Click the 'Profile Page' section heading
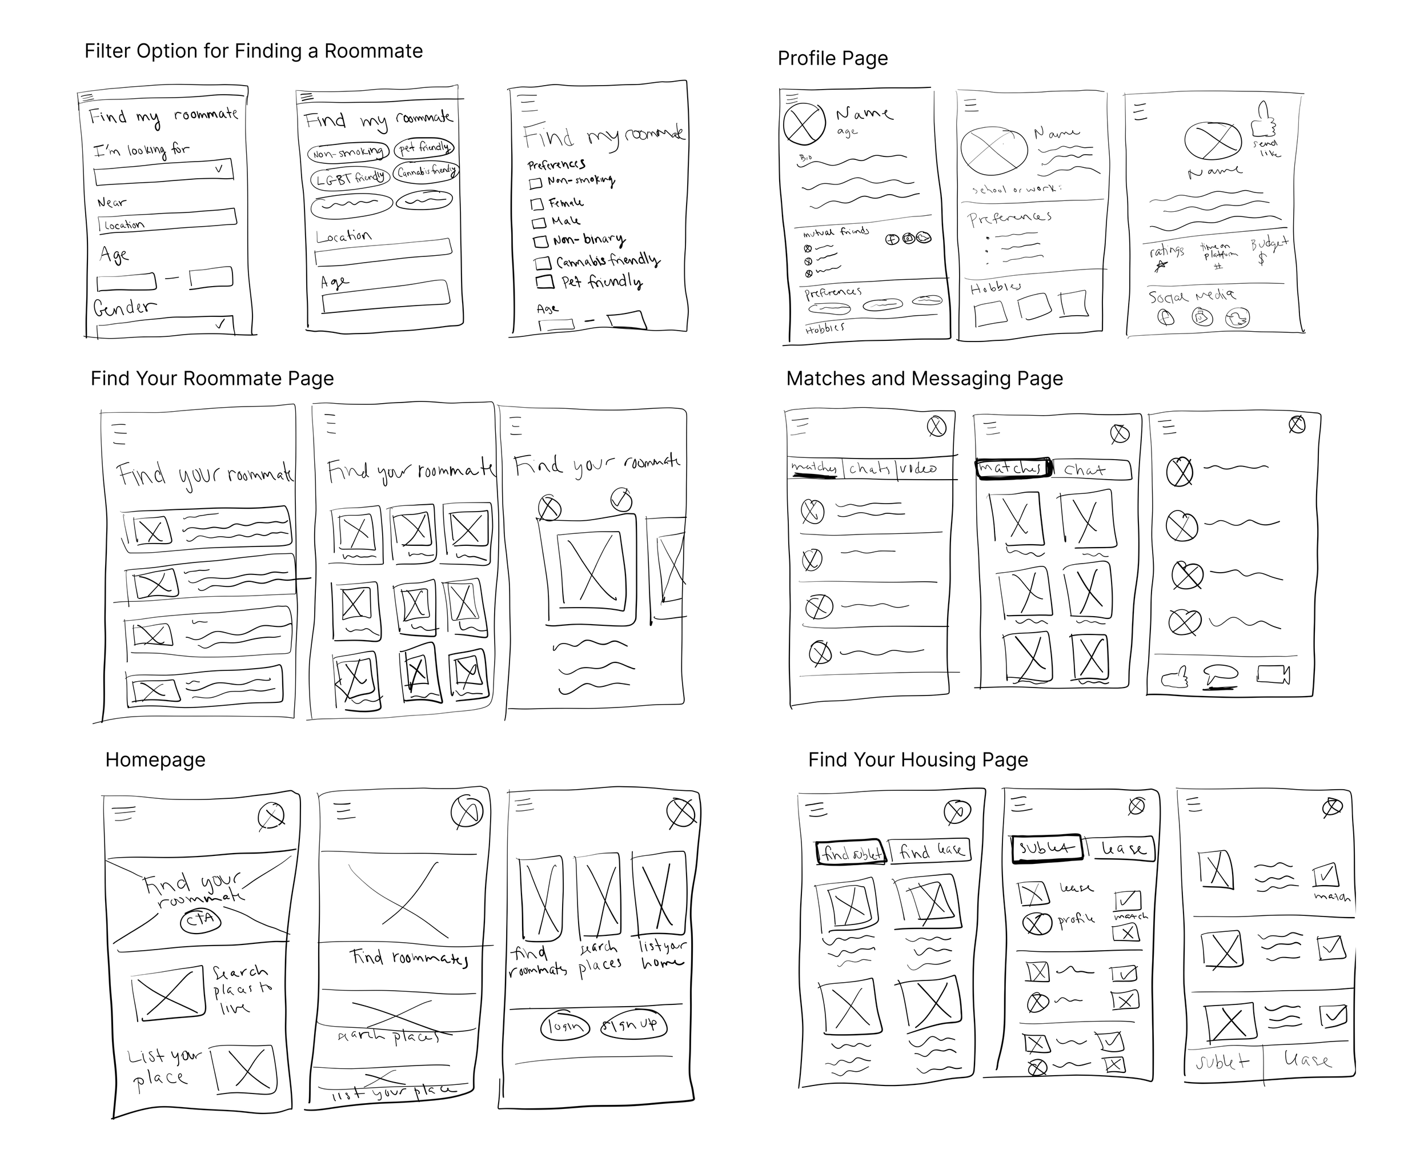[832, 58]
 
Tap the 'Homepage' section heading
[155, 760]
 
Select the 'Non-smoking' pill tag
[348, 153]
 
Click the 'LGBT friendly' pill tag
[350, 178]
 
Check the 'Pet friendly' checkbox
[545, 282]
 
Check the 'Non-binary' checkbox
[541, 240]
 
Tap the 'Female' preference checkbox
[537, 203]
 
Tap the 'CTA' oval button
[200, 920]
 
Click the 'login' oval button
[564, 1026]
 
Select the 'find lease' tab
[930, 850]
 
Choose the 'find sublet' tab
[851, 852]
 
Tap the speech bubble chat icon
[1221, 675]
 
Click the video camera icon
[1273, 675]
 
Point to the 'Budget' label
[1269, 244]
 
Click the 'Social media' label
[1192, 296]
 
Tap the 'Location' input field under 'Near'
[167, 221]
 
